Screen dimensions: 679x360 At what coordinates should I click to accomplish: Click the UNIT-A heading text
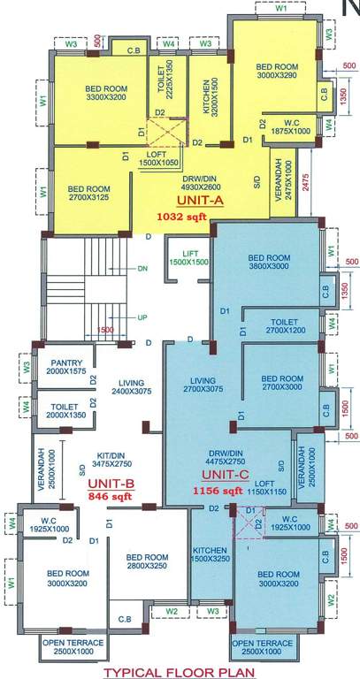(x=179, y=201)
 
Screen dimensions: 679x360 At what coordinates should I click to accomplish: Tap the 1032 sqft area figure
(x=177, y=215)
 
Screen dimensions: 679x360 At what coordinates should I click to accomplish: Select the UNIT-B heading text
(x=110, y=483)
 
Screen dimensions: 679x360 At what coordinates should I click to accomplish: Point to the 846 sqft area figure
(x=110, y=497)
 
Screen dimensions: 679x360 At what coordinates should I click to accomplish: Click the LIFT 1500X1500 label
(x=188, y=257)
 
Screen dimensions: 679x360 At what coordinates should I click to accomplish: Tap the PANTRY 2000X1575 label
(x=67, y=368)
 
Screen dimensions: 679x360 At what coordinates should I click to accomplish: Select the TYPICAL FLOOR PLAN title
(x=179, y=671)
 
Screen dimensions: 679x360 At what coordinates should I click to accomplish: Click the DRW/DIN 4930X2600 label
(x=177, y=182)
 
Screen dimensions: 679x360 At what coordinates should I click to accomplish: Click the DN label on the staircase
(x=142, y=267)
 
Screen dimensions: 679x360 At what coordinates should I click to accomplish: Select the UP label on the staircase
(x=142, y=316)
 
